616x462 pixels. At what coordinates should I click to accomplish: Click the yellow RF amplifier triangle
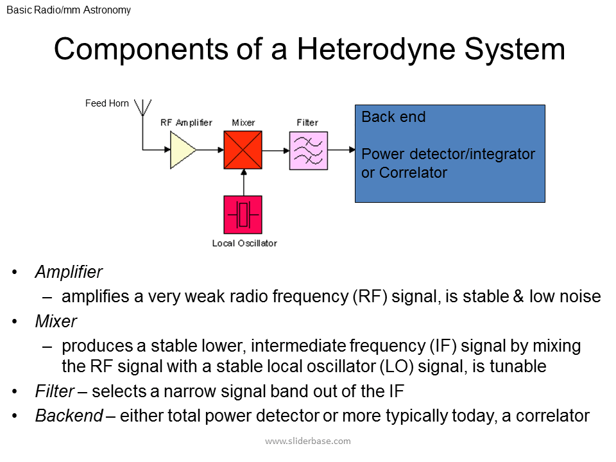(182, 150)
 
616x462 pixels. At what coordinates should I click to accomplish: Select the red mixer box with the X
(243, 150)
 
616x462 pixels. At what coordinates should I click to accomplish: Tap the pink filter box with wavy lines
(308, 151)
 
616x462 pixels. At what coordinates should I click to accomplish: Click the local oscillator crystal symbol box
(243, 214)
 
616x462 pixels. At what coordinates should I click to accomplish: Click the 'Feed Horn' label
(107, 103)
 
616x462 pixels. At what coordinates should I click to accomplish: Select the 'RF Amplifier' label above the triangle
(186, 123)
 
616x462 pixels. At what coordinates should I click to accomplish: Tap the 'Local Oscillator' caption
(244, 243)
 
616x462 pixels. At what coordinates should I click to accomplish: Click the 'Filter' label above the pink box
(307, 123)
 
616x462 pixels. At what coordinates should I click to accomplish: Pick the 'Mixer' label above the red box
(243, 123)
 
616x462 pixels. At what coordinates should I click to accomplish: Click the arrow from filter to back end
(341, 150)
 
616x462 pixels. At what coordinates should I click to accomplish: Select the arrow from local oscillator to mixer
(243, 182)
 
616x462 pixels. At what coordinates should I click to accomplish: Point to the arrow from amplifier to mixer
(210, 150)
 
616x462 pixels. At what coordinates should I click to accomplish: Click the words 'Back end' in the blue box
(393, 117)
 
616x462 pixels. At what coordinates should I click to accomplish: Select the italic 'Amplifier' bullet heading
(69, 272)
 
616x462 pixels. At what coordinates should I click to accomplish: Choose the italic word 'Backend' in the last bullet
(69, 416)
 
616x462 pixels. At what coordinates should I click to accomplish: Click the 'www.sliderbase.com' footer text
(308, 441)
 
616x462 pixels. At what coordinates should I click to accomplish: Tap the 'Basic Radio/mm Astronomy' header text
(69, 10)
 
